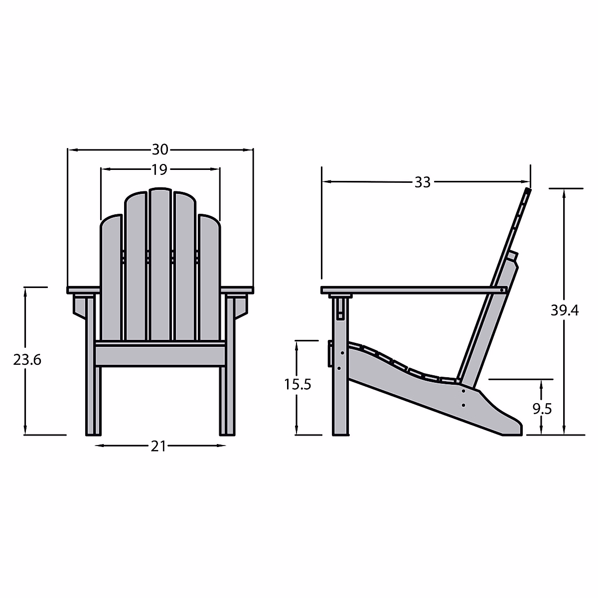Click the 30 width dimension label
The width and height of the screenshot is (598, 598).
[160, 149]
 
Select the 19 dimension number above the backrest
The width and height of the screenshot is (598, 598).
[159, 169]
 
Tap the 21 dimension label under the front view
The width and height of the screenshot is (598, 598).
[158, 446]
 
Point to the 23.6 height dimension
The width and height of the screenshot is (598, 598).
[27, 360]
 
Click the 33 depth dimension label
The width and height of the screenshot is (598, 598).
[423, 182]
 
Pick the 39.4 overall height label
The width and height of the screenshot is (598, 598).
[565, 310]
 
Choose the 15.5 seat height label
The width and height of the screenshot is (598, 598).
[298, 385]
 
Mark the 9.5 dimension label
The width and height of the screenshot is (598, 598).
[543, 409]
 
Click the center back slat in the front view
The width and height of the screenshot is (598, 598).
[160, 264]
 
